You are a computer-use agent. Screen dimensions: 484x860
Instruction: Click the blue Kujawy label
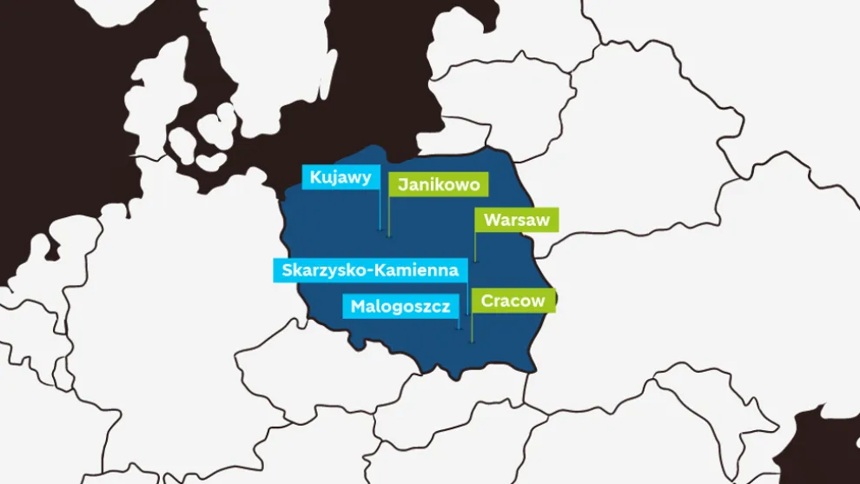click(341, 177)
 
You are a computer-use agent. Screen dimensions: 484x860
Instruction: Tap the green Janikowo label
click(438, 185)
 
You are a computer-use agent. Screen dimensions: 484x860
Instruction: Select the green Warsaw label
click(516, 220)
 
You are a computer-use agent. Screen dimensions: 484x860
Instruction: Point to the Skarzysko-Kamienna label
click(370, 270)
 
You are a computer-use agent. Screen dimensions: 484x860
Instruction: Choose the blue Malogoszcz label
click(400, 306)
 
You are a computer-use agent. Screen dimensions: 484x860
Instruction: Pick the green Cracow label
click(513, 301)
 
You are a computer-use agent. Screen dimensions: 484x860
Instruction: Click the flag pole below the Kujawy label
click(380, 209)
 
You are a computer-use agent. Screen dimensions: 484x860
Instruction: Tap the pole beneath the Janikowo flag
click(388, 216)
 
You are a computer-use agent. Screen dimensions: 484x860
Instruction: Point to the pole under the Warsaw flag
click(475, 246)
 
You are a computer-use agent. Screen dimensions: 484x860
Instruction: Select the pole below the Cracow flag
click(472, 328)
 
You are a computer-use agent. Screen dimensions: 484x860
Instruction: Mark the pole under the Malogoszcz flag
click(459, 322)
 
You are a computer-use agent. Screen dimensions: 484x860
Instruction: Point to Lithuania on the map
click(521, 96)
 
